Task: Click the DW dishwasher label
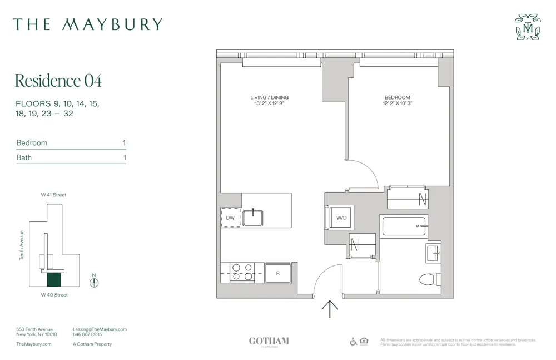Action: coord(230,218)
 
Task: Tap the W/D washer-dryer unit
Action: coord(341,218)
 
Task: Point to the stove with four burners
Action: coord(242,272)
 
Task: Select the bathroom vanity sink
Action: coord(433,253)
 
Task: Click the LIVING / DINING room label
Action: coord(270,98)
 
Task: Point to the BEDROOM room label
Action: coord(398,98)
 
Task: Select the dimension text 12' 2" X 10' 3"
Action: coord(398,103)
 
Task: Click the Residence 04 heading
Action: coord(58,81)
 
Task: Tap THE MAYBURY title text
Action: coord(88,24)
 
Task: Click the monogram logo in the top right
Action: coord(528,27)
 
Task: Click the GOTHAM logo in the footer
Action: coord(269,342)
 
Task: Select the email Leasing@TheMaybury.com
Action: coord(100,329)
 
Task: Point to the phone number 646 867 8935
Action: coord(87,334)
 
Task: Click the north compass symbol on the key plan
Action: coord(94,282)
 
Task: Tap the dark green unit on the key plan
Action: coord(54,280)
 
